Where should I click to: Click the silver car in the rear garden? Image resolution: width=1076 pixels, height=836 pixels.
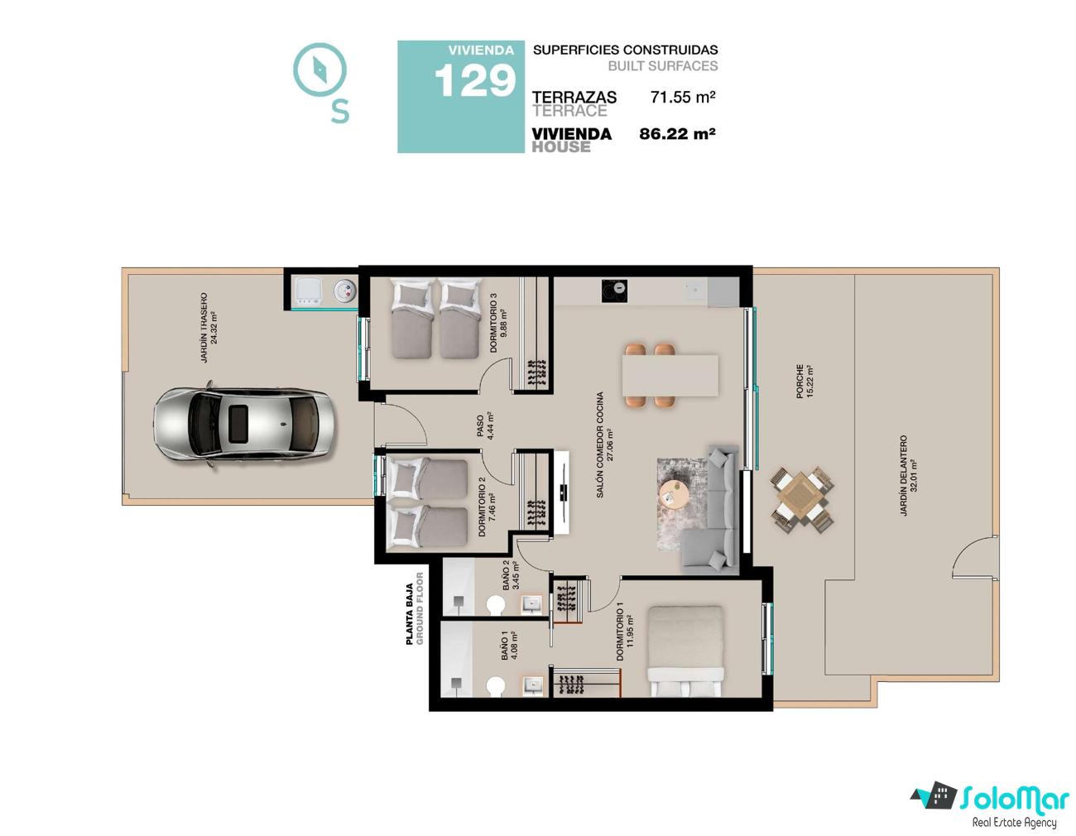(243, 425)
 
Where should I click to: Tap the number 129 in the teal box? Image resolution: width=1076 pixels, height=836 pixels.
(475, 81)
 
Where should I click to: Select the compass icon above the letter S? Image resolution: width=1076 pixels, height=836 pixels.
(319, 70)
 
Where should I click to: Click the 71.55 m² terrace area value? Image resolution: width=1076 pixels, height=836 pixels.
(683, 97)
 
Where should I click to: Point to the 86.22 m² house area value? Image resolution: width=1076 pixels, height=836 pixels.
(677, 133)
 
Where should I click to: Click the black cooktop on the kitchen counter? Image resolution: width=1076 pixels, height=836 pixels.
(614, 291)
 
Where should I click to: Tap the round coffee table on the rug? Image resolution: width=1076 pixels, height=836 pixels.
(673, 493)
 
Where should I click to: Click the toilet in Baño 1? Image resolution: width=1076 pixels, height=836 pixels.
(496, 686)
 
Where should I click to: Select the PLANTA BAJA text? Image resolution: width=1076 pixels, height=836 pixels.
(410, 614)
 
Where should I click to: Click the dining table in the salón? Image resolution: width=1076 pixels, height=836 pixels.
(670, 375)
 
